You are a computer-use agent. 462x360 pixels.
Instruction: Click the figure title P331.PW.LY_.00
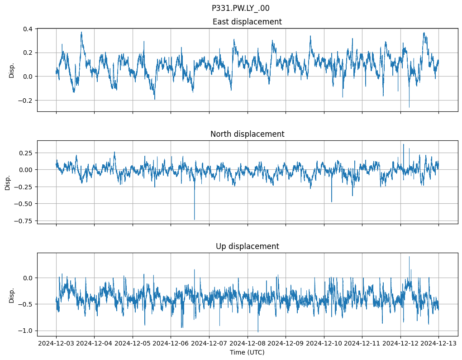click(240, 8)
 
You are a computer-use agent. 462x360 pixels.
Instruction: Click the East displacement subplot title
click(247, 22)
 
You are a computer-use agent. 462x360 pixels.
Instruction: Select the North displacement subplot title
click(247, 134)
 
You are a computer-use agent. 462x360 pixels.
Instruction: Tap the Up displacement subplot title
click(247, 246)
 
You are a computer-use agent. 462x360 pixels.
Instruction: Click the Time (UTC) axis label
click(247, 352)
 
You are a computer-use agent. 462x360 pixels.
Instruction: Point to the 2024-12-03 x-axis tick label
click(56, 344)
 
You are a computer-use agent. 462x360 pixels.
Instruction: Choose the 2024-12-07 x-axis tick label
click(209, 344)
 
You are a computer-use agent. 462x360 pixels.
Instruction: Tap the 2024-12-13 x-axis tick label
click(438, 344)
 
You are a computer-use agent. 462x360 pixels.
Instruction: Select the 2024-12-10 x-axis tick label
click(324, 344)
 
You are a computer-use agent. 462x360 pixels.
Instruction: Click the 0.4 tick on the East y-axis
click(27, 29)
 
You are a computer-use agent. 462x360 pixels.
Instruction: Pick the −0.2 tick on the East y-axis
click(25, 101)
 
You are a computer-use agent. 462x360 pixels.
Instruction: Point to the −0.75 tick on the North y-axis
click(24, 221)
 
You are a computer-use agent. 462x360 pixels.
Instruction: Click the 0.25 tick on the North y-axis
click(25, 153)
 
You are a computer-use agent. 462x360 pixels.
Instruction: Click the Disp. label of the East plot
click(12, 70)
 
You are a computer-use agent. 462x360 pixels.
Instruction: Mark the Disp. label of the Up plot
click(12, 294)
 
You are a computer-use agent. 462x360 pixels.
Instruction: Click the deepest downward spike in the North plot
click(195, 219)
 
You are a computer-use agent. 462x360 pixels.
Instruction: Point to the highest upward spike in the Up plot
click(409, 257)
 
